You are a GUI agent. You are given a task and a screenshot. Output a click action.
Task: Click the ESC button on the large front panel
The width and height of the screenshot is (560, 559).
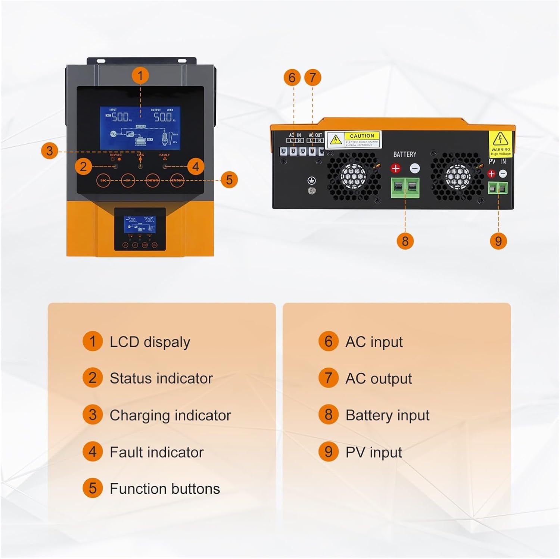click(x=104, y=181)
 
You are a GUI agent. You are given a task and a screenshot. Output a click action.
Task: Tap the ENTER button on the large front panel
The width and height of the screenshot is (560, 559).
click(x=177, y=181)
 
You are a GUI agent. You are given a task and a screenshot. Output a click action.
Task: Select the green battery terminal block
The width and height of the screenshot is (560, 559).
click(x=405, y=188)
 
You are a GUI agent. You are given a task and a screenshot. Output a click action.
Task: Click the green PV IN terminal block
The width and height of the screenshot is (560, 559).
click(x=498, y=188)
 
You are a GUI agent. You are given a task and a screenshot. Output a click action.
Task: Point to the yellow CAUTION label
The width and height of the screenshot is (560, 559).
click(x=353, y=140)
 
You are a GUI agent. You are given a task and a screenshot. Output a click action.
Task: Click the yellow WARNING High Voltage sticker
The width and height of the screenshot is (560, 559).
click(x=500, y=144)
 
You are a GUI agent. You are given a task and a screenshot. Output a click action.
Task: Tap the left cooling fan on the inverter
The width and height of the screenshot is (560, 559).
click(x=353, y=175)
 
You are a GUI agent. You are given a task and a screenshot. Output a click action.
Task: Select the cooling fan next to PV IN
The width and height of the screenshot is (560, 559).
click(x=457, y=175)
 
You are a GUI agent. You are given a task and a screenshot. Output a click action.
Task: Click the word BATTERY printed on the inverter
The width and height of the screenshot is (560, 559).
click(x=405, y=154)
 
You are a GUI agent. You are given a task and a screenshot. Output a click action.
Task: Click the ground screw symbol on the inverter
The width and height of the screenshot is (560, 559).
click(x=311, y=181)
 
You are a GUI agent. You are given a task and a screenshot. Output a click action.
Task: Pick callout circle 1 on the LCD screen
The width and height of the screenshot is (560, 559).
click(x=140, y=76)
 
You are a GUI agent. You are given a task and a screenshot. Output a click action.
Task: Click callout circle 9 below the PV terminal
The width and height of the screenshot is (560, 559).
click(x=498, y=241)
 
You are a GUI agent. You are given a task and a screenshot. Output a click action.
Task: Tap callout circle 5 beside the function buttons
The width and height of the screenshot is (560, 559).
click(x=229, y=180)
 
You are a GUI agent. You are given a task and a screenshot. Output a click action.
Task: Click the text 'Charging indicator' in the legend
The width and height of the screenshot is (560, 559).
click(x=170, y=415)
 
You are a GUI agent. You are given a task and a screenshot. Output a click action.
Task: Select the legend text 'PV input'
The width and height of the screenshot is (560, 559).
click(x=374, y=452)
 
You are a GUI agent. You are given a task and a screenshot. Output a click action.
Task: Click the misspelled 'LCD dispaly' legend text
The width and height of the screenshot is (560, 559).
click(x=150, y=342)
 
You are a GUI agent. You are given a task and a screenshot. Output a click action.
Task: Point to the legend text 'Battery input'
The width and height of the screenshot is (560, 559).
click(x=388, y=415)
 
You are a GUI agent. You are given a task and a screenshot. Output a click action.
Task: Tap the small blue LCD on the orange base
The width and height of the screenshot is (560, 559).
click(x=140, y=224)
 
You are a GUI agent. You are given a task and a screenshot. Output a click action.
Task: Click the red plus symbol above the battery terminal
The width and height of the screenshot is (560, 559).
click(x=395, y=169)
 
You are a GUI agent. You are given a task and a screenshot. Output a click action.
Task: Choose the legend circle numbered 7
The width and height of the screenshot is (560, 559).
click(x=329, y=378)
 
